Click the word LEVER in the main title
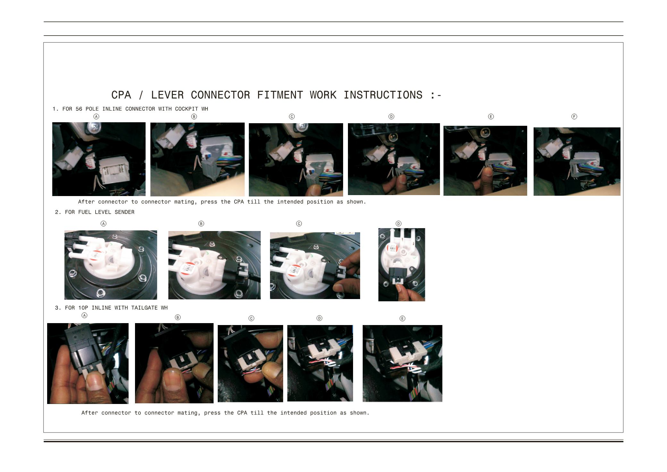coord(167,95)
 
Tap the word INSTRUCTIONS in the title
coord(383,95)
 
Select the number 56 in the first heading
coord(79,109)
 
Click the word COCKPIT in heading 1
coord(186,109)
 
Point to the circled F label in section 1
coord(574,116)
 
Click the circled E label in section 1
coord(491,116)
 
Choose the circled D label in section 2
coord(399,224)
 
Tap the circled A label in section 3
coord(85,315)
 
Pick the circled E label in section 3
coord(402,318)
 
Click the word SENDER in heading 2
coord(124,212)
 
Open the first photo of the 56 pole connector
coord(99,159)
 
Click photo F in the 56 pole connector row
coord(577,161)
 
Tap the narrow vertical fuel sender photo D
coord(402,265)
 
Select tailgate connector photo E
coord(402,364)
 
